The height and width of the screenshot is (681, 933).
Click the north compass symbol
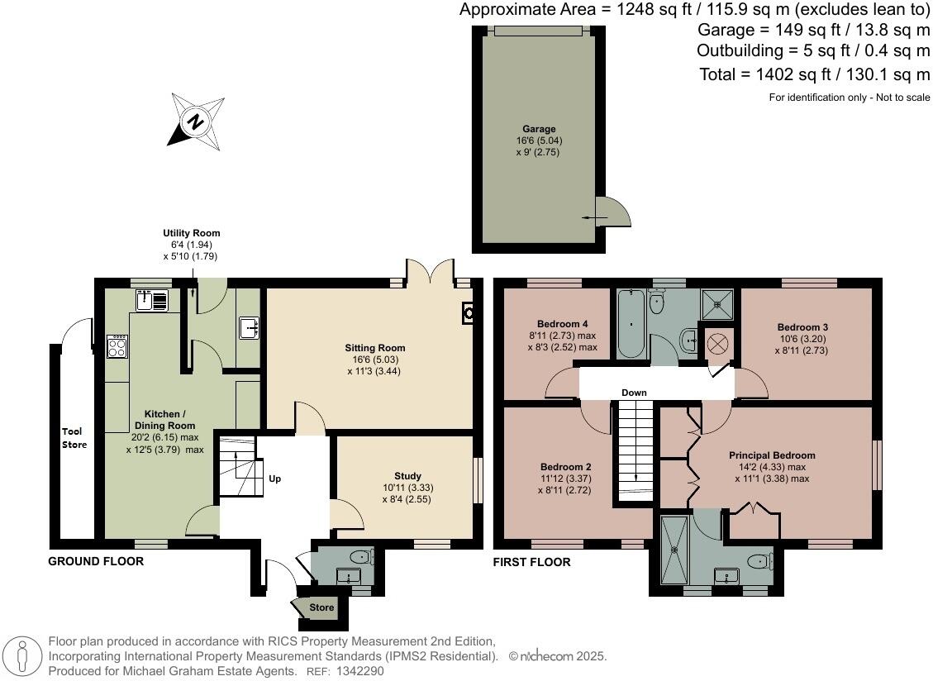(x=197, y=122)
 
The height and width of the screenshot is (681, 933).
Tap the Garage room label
(x=538, y=129)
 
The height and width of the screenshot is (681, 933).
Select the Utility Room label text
(x=191, y=233)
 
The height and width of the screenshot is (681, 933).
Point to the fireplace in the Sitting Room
(x=469, y=312)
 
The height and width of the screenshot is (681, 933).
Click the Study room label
(x=407, y=476)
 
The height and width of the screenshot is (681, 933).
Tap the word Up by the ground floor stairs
(x=274, y=479)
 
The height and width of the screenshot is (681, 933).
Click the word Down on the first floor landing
(x=634, y=393)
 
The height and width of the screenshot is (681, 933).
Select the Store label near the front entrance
(x=321, y=607)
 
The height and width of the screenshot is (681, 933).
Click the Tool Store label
(x=74, y=438)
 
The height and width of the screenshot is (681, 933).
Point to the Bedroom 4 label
(x=561, y=323)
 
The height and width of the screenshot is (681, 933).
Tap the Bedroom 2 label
(x=564, y=466)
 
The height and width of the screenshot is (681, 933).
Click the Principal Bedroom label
(x=771, y=455)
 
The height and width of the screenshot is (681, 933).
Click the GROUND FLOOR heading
(x=96, y=562)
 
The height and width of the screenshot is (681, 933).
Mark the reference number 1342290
(x=356, y=671)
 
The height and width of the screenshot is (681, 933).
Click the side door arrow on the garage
(x=594, y=217)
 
